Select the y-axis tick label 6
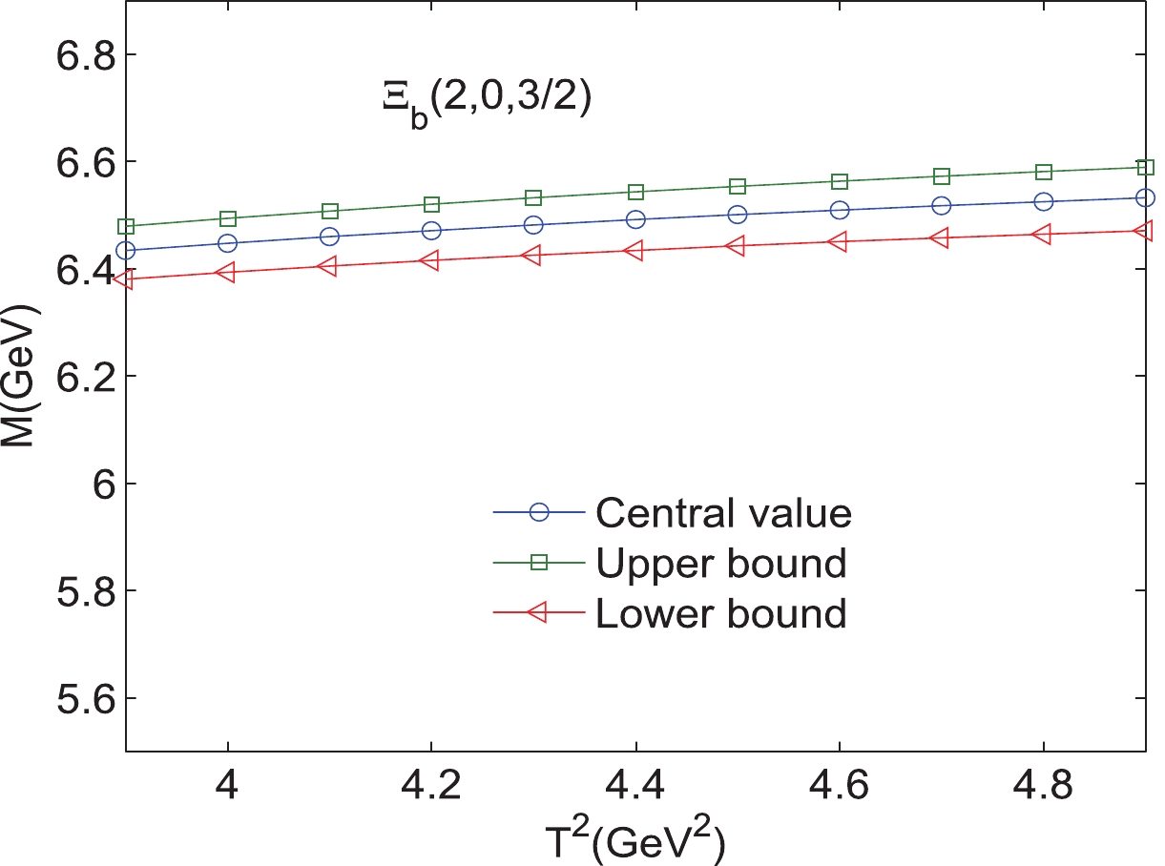(98, 485)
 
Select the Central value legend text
(722, 514)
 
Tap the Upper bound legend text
(720, 564)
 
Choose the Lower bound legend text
(720, 613)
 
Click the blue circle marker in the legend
(538, 512)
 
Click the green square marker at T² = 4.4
(635, 192)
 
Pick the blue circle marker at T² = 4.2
(431, 231)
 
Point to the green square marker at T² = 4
(227, 219)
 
